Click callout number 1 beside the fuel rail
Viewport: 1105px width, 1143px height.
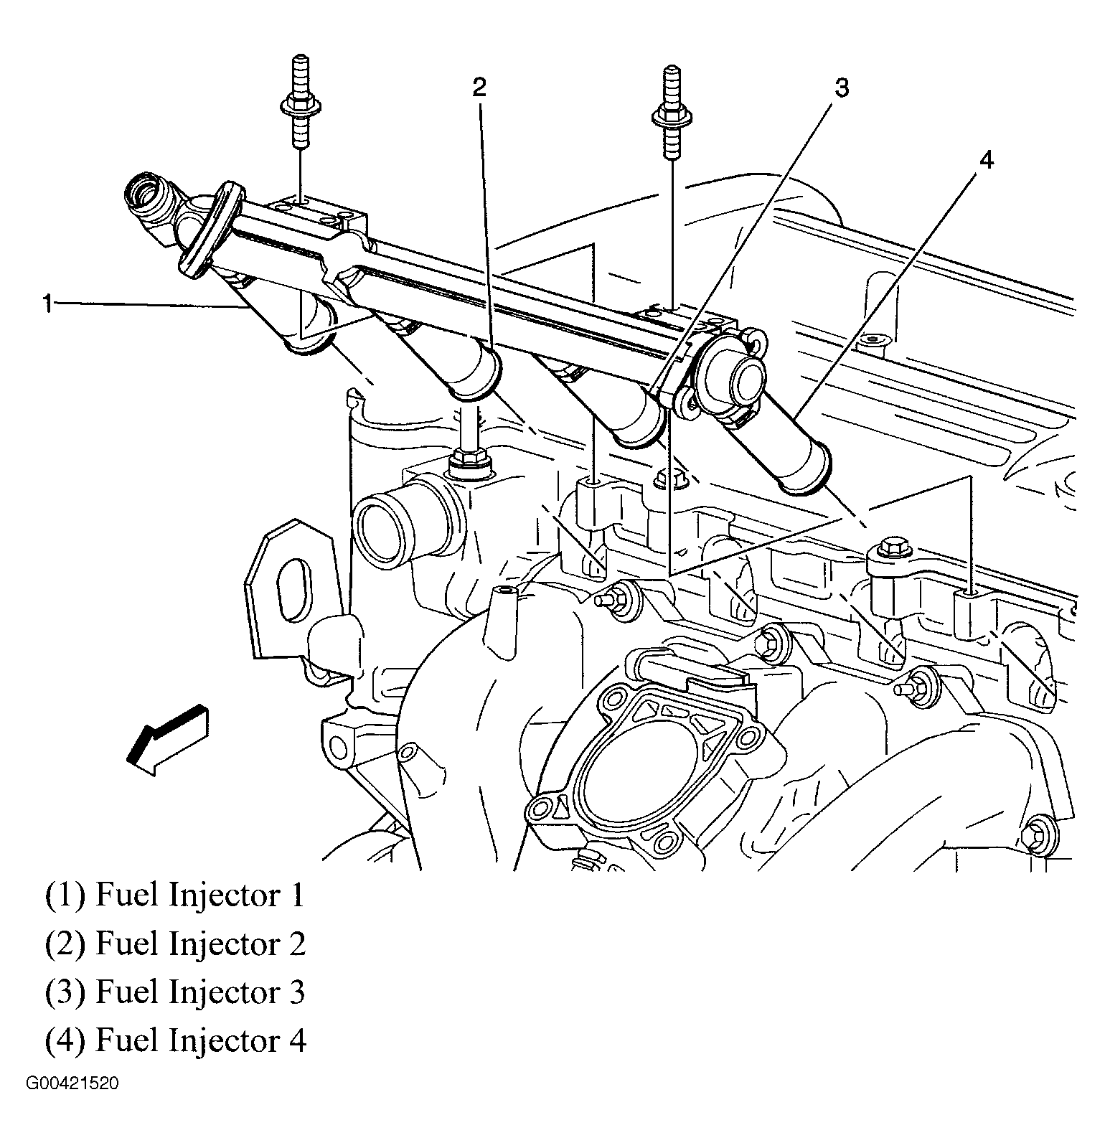[47, 304]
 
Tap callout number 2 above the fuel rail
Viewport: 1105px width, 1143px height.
[479, 88]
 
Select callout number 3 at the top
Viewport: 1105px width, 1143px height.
[841, 89]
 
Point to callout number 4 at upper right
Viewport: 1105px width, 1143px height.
[987, 161]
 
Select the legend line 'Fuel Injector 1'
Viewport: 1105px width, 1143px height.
[176, 896]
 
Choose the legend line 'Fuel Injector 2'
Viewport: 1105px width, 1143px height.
[176, 944]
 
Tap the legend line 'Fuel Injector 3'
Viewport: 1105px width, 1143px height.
[176, 992]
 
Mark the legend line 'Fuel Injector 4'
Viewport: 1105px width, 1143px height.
[176, 1040]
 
